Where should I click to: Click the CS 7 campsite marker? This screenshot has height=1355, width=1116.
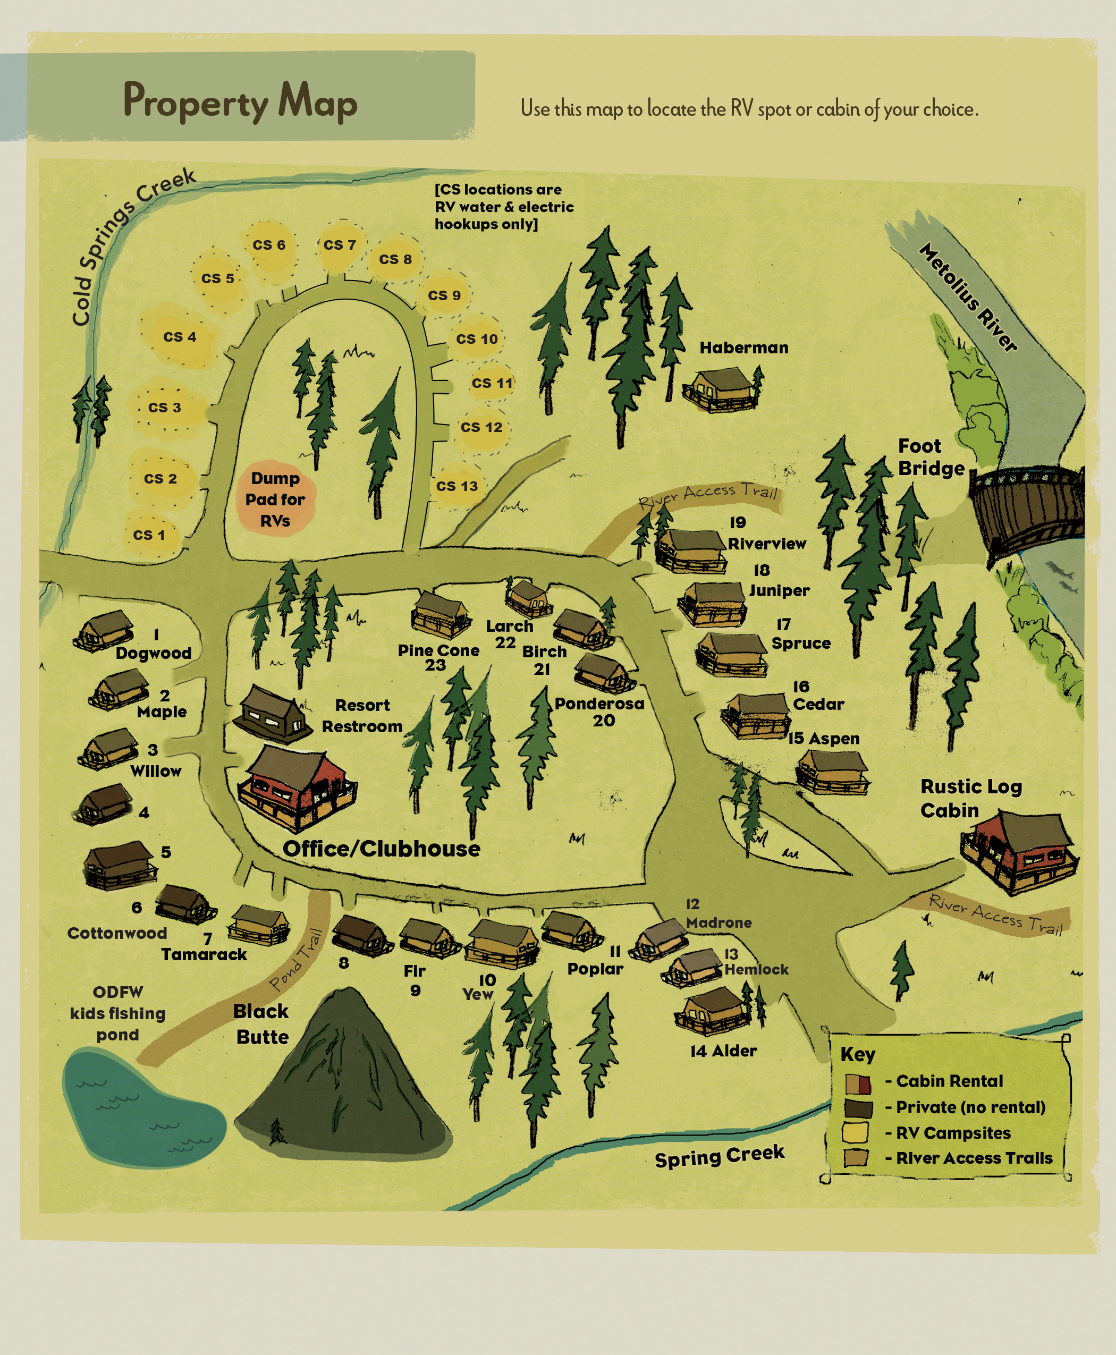340,245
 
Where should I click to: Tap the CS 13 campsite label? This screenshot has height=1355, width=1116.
457,486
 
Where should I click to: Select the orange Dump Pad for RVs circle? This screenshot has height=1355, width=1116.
275,499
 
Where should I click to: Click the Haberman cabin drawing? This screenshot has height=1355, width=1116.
720,388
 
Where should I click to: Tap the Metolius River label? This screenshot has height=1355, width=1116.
968,297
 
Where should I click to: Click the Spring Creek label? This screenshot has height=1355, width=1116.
720,1156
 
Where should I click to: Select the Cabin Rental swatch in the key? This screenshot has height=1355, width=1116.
858,1085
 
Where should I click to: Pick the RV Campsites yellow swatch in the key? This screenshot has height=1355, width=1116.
856,1132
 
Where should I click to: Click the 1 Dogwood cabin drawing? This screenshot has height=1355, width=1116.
104,631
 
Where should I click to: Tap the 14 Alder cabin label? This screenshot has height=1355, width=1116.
723,1051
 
